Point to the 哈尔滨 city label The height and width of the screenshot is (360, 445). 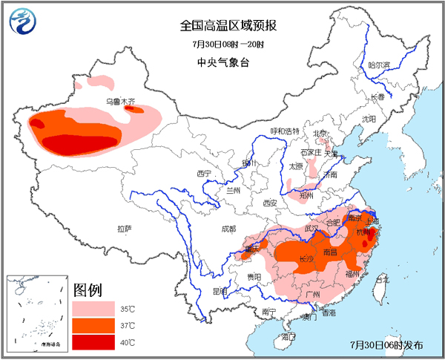pos(379,65)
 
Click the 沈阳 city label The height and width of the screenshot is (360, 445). pos(369,119)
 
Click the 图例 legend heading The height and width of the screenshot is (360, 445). pos(88,289)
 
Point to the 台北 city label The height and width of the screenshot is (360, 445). pos(381,280)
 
